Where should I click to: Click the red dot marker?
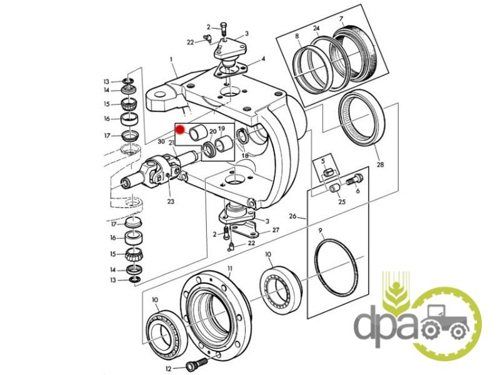click(x=180, y=130)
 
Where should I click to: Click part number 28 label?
click(x=380, y=165)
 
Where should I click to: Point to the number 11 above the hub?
click(x=230, y=268)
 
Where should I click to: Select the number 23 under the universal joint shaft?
click(x=169, y=201)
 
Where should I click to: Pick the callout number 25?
click(x=342, y=201)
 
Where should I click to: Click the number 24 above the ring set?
click(x=316, y=29)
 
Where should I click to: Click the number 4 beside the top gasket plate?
click(x=263, y=59)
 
